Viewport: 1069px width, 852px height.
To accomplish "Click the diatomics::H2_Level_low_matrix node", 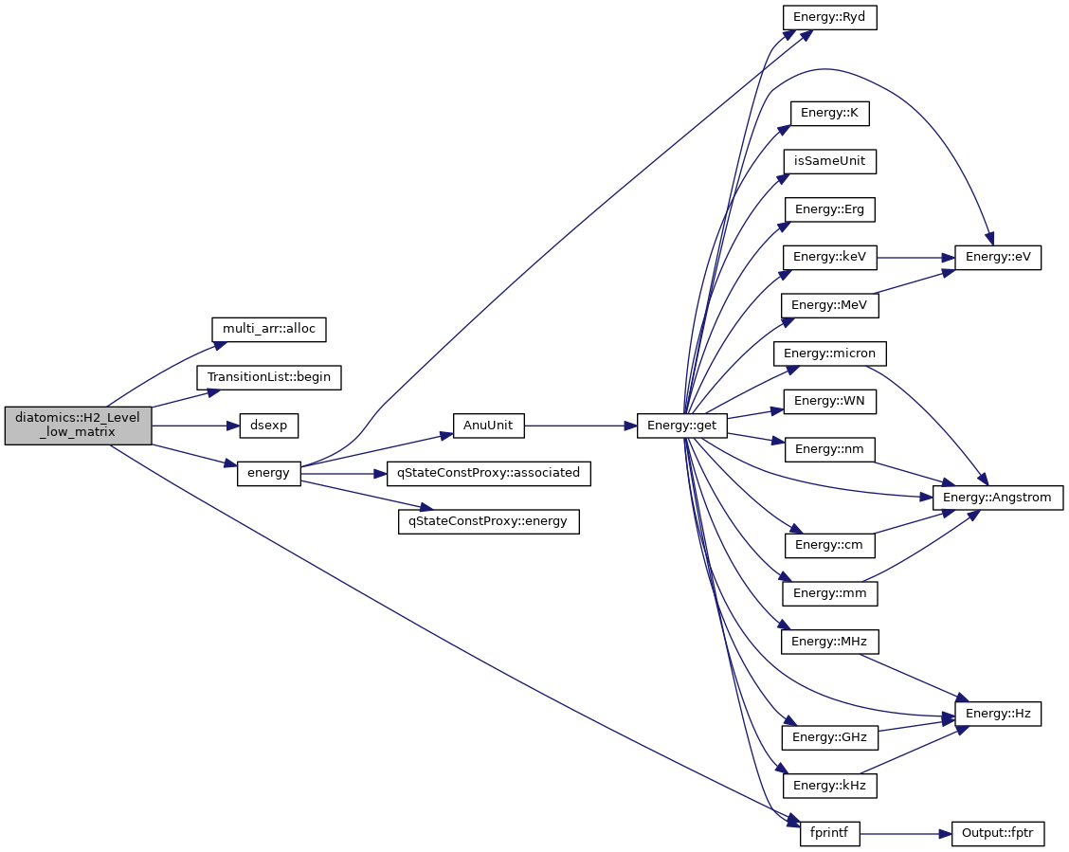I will (78, 426).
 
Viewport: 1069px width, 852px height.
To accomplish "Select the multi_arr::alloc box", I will (268, 329).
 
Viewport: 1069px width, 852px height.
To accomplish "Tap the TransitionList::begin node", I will (268, 376).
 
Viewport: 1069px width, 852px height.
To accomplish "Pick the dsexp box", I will (268, 426).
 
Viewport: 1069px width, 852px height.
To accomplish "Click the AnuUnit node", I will (488, 426).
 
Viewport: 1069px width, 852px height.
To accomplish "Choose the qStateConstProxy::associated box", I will (488, 472).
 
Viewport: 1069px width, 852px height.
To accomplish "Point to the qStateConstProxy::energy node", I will (488, 520).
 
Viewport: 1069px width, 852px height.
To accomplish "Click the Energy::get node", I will (682, 426).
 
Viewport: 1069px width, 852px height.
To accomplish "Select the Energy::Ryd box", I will (829, 17).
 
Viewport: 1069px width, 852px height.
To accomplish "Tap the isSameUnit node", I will (829, 161).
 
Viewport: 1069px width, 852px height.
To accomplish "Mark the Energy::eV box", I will (998, 257).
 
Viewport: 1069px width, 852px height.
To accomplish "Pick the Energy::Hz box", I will (998, 713).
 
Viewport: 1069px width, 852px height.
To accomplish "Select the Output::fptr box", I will (998, 834).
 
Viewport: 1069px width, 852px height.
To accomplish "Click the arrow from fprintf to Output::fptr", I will (905, 834).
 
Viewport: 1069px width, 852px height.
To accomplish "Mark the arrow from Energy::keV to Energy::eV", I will (915, 257).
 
